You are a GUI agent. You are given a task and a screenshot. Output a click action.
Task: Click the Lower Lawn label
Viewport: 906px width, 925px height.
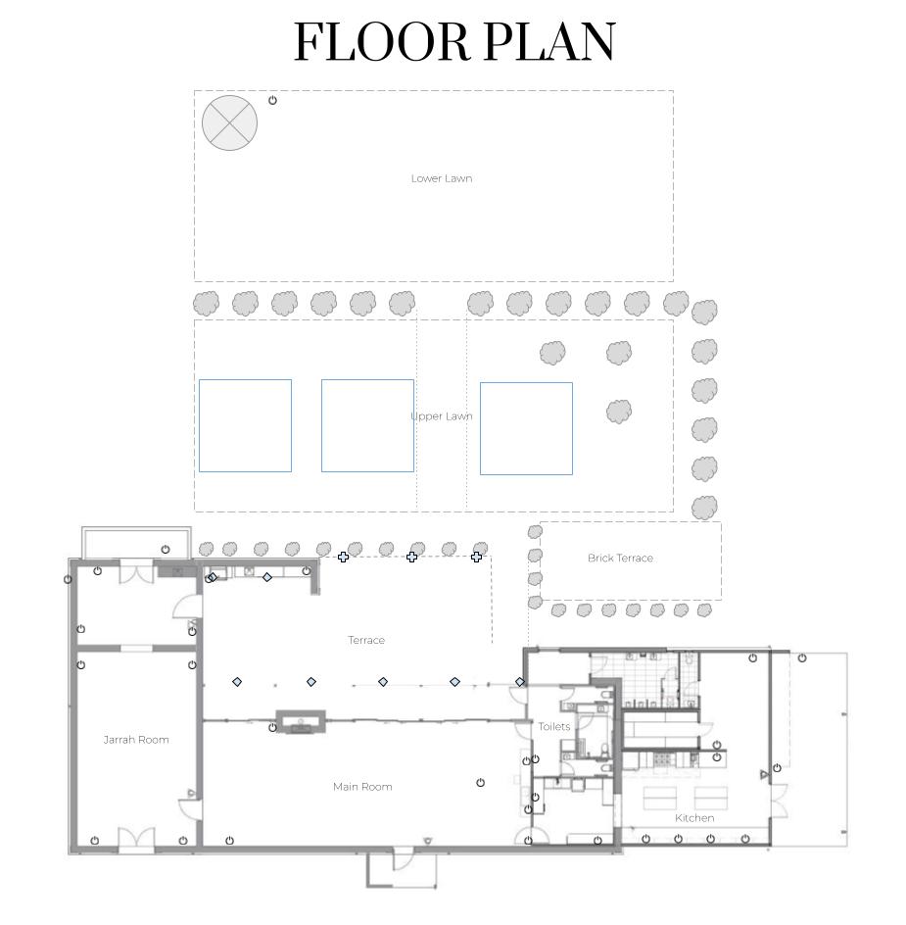click(x=441, y=178)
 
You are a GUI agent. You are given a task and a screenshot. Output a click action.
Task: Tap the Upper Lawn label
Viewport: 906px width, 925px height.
click(x=441, y=415)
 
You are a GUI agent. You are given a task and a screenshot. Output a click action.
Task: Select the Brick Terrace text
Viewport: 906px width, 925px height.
click(x=620, y=558)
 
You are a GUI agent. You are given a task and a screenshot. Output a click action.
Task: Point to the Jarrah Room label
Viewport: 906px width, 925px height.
click(x=136, y=739)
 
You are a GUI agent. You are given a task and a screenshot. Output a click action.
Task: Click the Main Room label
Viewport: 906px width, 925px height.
click(x=362, y=787)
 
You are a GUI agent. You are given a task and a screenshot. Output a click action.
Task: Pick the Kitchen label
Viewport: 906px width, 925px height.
click(x=694, y=817)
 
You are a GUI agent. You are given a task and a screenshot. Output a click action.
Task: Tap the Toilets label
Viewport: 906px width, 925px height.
click(x=553, y=726)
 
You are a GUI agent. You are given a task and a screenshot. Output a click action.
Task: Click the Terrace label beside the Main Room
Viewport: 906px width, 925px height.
click(x=365, y=640)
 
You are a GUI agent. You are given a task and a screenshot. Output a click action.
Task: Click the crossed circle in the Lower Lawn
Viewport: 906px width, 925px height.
click(x=229, y=122)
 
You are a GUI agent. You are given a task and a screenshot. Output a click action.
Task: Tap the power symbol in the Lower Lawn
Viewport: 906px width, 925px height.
click(x=272, y=100)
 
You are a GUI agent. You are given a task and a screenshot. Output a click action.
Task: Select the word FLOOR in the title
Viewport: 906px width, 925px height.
click(x=382, y=42)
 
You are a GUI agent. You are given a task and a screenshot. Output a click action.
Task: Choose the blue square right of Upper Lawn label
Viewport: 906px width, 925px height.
click(x=526, y=428)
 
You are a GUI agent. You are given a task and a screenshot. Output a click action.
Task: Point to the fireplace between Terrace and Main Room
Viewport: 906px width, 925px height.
click(x=301, y=722)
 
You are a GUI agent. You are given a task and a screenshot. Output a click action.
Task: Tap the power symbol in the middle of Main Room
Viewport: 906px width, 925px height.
click(x=480, y=782)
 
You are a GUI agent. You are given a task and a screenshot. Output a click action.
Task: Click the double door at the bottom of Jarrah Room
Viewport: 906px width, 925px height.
click(x=136, y=839)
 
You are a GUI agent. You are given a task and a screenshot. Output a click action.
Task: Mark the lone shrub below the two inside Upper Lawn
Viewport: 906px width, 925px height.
click(x=619, y=412)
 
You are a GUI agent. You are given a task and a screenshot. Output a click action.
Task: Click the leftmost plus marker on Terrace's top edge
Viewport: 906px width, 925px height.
click(x=343, y=557)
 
